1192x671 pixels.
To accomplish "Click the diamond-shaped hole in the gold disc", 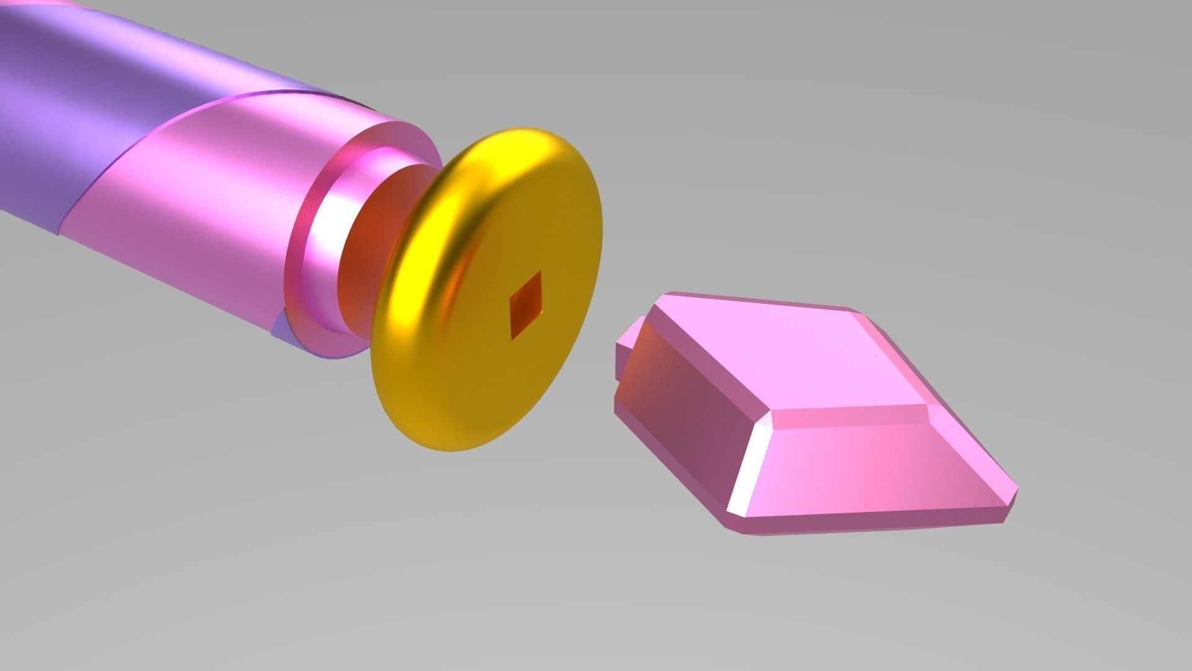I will pos(525,306).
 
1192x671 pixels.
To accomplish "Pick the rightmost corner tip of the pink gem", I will pos(1016,488).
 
